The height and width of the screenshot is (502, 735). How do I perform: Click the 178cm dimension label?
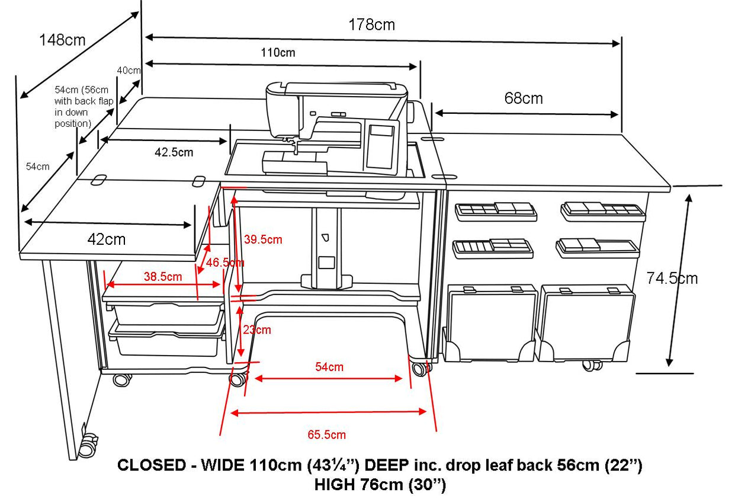[372, 25]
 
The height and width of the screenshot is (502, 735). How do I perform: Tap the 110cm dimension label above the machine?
[278, 53]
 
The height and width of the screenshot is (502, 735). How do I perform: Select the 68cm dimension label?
[524, 98]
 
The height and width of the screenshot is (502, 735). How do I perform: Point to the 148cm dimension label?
[62, 40]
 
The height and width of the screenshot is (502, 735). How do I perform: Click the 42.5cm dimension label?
[174, 152]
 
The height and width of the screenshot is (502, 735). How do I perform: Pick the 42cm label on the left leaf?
[107, 239]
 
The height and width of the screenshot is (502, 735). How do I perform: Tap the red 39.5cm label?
[263, 239]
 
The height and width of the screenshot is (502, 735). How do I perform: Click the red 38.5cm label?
[163, 277]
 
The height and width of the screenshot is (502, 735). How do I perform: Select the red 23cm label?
[257, 330]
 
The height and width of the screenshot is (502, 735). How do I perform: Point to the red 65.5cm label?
[327, 434]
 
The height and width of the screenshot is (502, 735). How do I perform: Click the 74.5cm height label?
[672, 279]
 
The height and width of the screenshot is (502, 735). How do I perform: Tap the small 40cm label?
[129, 71]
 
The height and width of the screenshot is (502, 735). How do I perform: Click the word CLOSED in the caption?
[152, 465]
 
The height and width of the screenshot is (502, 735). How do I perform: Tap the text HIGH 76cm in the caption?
[359, 485]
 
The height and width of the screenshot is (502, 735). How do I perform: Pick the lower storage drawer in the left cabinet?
[167, 340]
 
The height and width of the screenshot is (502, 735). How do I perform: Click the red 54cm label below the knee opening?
[329, 367]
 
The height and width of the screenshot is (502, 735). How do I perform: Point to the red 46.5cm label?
[225, 263]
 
